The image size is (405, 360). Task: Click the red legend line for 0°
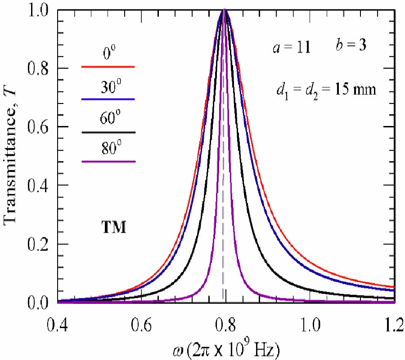(108, 67)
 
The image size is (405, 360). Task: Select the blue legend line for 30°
(108, 99)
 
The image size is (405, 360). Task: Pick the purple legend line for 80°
(108, 161)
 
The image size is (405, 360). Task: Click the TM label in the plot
(112, 227)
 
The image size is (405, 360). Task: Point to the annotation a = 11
(291, 48)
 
